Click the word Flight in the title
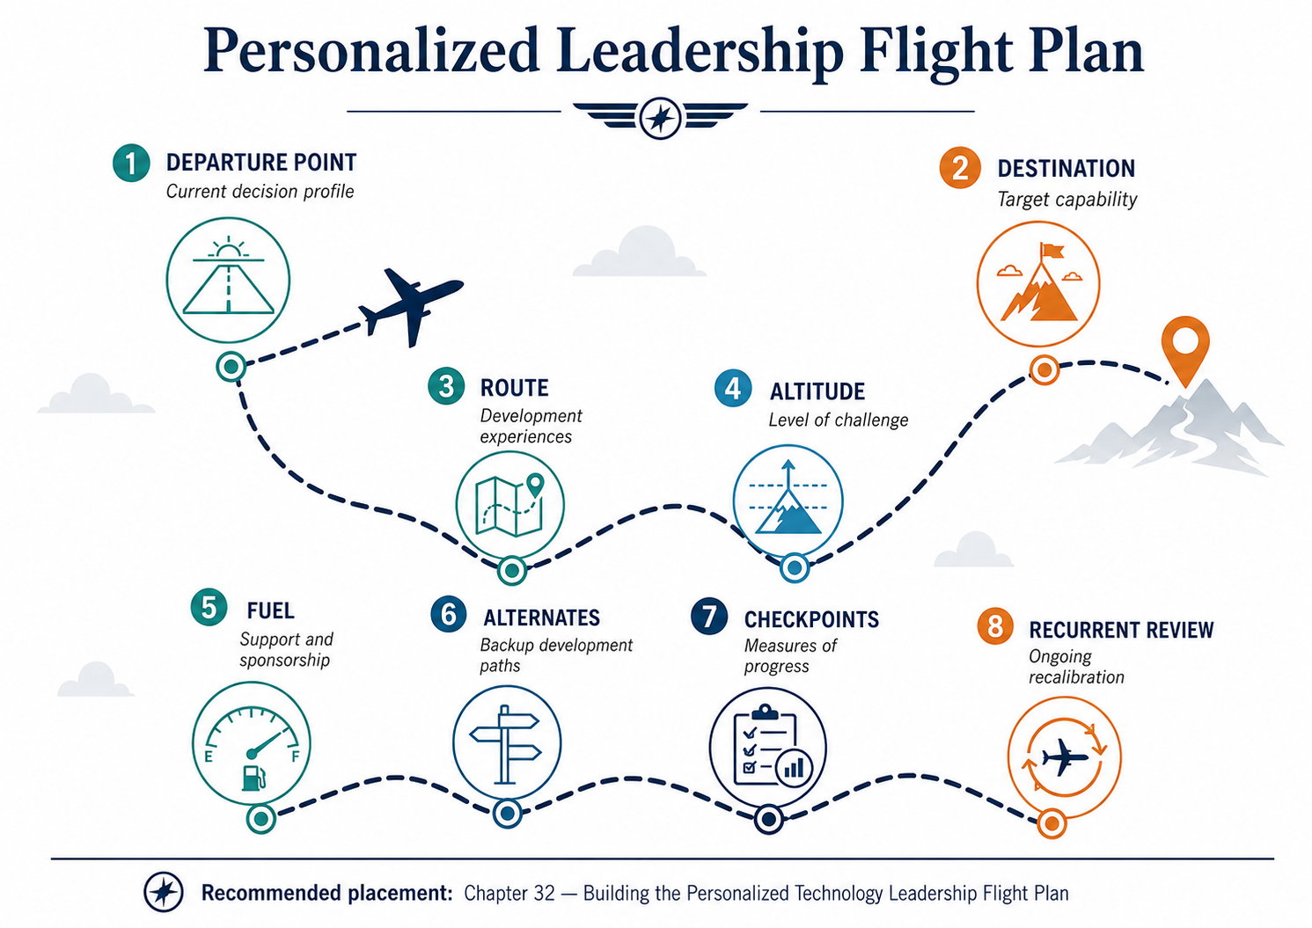point(935,51)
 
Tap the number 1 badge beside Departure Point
point(131,163)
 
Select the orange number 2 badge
point(960,168)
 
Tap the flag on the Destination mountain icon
point(1051,252)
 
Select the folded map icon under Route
point(509,505)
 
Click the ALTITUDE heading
point(817,391)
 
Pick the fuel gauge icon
point(252,743)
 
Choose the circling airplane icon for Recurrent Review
point(1064,757)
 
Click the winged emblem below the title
point(660,118)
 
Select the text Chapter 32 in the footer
point(509,893)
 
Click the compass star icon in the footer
point(164,892)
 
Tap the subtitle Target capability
point(1066,200)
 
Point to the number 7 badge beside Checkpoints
point(708,616)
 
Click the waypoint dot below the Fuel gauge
point(261,818)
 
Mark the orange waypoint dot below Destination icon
point(1044,369)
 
